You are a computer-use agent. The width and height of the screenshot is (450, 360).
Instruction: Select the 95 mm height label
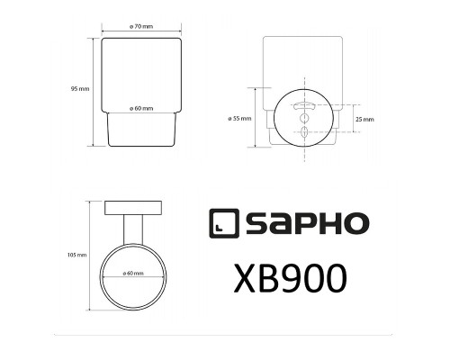click(78, 89)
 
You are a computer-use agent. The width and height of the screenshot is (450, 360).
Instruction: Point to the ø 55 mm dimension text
click(239, 119)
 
